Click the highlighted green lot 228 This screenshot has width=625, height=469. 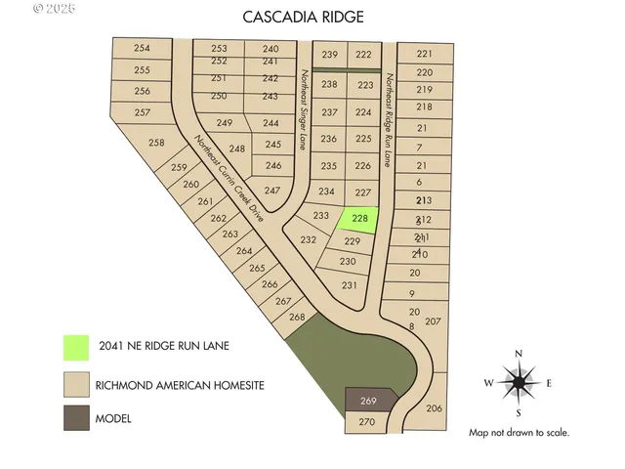click(x=358, y=219)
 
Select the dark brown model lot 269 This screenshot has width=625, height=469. click(x=369, y=401)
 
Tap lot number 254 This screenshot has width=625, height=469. click(x=143, y=49)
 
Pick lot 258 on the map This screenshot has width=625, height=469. click(x=156, y=144)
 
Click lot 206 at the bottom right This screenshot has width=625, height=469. click(x=435, y=408)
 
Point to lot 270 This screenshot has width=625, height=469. click(x=366, y=422)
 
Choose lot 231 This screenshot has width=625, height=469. click(x=351, y=284)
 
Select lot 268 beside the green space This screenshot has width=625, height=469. click(x=298, y=318)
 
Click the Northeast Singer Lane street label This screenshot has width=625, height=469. click(x=305, y=108)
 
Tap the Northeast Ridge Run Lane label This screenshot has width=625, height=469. click(x=388, y=119)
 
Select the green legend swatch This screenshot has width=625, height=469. click(x=75, y=346)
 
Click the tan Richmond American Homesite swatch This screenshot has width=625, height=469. click(x=75, y=383)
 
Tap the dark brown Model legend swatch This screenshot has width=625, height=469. click(x=75, y=418)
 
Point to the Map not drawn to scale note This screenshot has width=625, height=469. click(x=519, y=432)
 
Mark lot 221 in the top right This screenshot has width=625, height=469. click(x=424, y=55)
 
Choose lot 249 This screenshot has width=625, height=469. click(x=225, y=123)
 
